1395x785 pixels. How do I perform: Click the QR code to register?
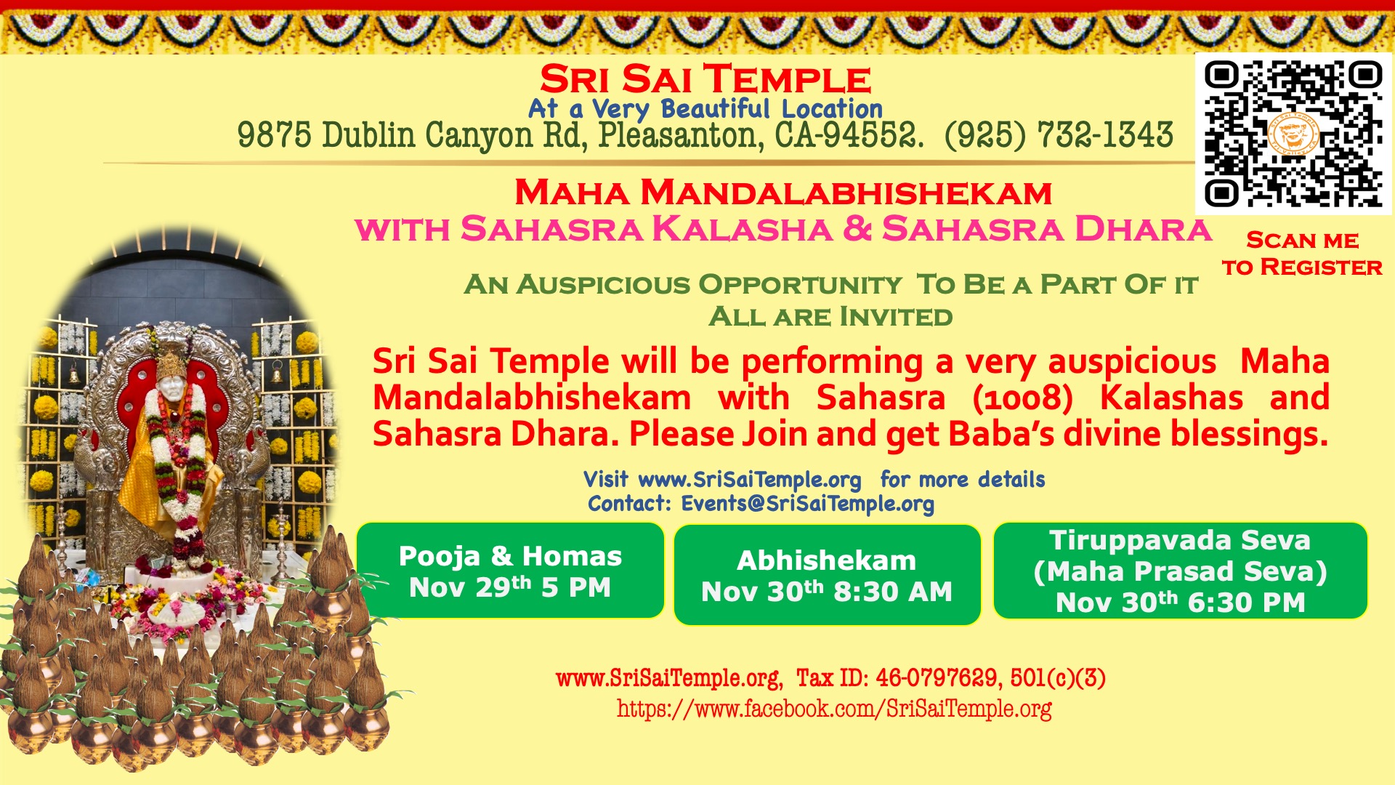pos(1293,134)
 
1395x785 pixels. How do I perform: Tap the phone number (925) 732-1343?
pos(1059,135)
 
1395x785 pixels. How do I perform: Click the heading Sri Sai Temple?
pos(705,79)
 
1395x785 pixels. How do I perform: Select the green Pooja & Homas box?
pos(510,571)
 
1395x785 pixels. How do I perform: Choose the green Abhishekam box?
pos(828,575)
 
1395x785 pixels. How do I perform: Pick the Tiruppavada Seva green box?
pos(1181,571)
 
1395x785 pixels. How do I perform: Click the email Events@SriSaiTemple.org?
pos(807,504)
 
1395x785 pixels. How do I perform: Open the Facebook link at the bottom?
pos(834,709)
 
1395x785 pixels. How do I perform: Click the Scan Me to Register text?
pos(1302,254)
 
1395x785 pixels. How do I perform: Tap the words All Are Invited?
pos(830,317)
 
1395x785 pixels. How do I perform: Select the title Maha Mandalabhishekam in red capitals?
pos(783,193)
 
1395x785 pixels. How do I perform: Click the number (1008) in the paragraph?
pos(1022,398)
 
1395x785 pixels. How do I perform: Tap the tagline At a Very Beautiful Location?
pos(705,109)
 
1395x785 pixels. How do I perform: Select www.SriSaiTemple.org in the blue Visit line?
pos(750,480)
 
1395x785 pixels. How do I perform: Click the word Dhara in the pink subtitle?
pos(1143,229)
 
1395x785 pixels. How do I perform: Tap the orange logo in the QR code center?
pos(1293,134)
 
